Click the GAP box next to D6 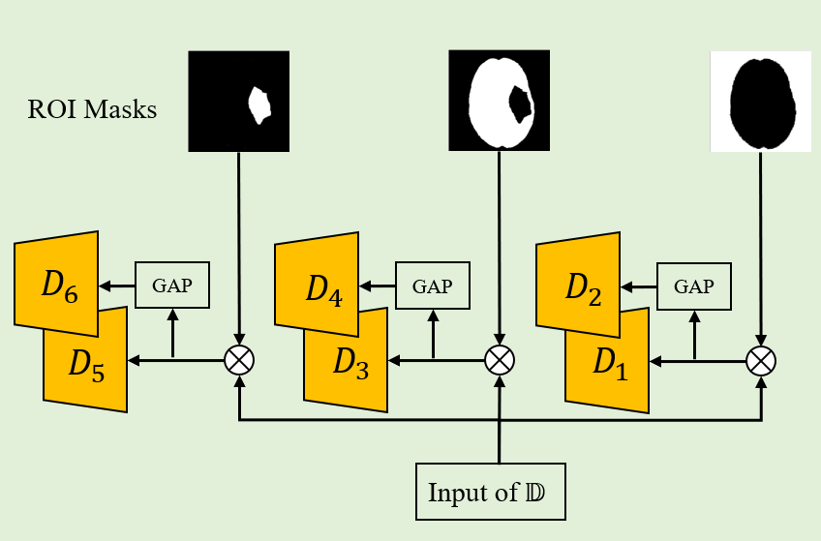click(x=172, y=286)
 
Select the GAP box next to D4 click(x=433, y=286)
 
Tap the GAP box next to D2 click(x=694, y=286)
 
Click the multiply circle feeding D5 click(x=238, y=361)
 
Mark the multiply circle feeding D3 click(x=499, y=361)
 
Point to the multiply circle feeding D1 click(x=761, y=361)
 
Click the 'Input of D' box click(x=489, y=493)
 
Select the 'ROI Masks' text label click(x=93, y=108)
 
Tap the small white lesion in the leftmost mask click(x=258, y=105)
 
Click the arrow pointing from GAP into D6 click(x=117, y=286)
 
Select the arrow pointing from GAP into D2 click(x=639, y=286)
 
